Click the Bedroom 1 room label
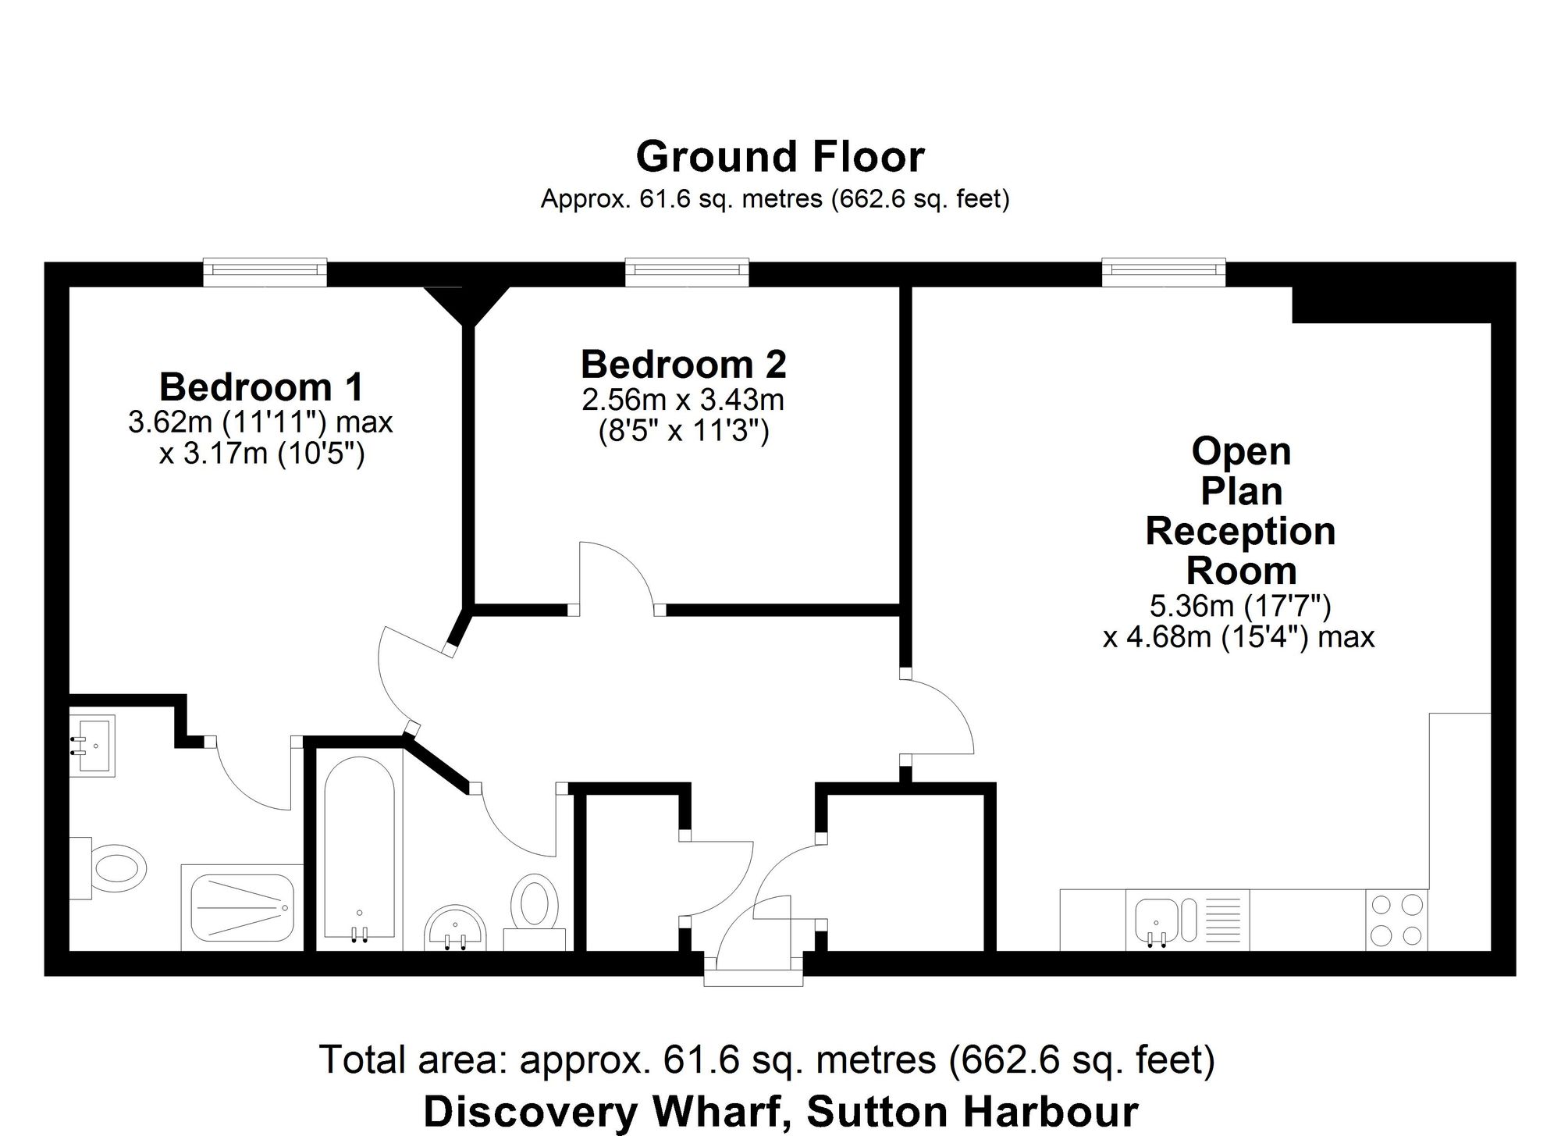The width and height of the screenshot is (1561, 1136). point(261,386)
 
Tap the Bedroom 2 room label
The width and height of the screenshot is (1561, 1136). point(683,364)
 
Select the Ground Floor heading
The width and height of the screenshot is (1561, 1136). point(780,156)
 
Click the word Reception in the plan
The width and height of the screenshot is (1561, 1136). point(1240,532)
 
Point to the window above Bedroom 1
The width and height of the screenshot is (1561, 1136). point(265,270)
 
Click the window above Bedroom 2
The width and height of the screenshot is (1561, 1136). point(687,270)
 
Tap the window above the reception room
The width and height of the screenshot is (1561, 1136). point(1164,270)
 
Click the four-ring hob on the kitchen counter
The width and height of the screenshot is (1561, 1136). point(1397,920)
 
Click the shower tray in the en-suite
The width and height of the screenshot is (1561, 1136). point(243,907)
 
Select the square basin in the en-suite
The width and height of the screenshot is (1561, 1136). point(93,746)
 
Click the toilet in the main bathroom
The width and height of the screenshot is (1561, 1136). point(535,912)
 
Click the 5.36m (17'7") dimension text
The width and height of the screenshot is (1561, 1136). point(1240,605)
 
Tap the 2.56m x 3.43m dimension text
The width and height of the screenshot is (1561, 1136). point(683,401)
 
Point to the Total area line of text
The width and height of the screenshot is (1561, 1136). point(768,1059)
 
